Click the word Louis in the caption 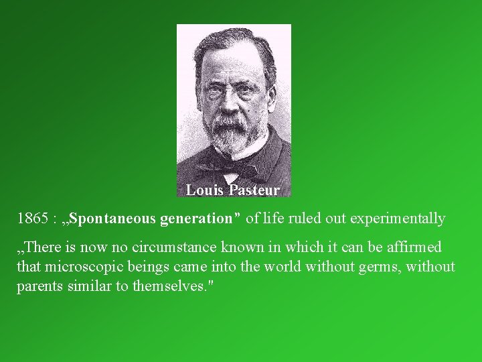[205, 190]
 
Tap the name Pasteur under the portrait [254, 190]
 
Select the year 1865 [32, 219]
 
